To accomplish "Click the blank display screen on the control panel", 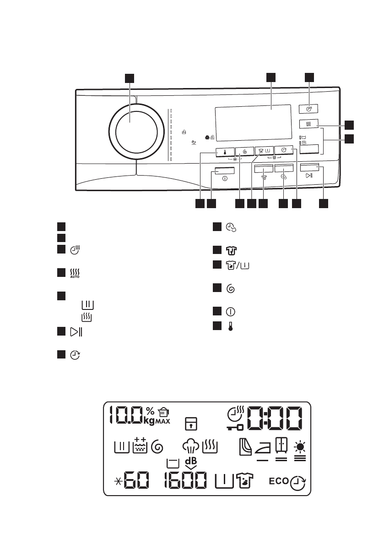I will pos(253,122).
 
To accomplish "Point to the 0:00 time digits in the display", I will pos(275,418).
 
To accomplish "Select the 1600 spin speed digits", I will pos(185,482).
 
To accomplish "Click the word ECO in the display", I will pos(278,481).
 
